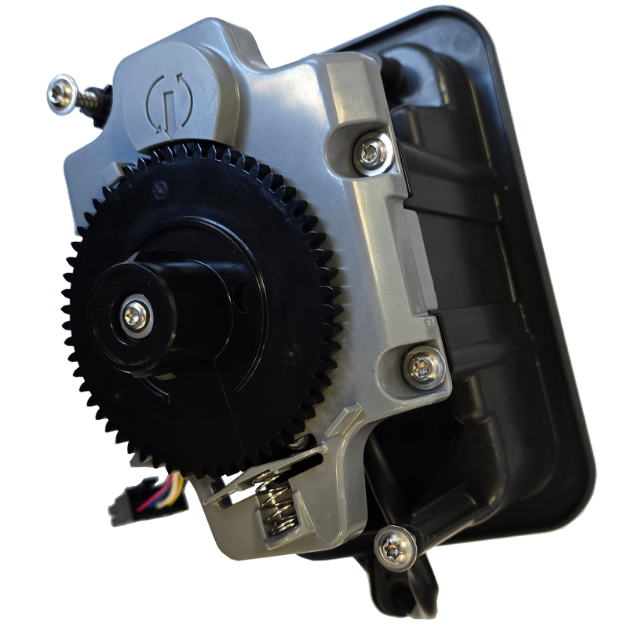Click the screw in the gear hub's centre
tap(136, 316)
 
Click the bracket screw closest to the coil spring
tap(395, 546)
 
